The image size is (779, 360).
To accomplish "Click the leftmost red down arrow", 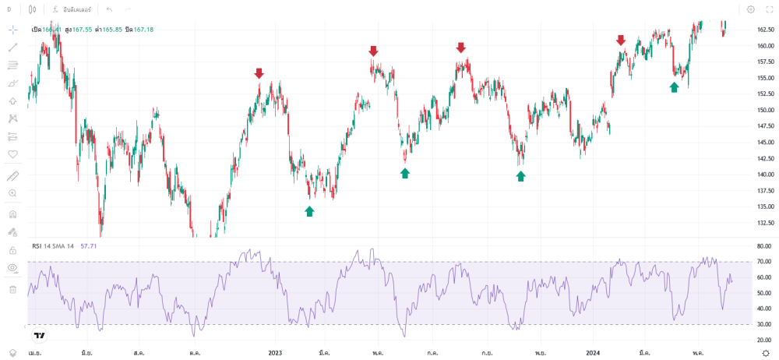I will (259, 73).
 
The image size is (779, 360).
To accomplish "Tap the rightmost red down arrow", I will (621, 40).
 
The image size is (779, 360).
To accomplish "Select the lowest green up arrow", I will (309, 210).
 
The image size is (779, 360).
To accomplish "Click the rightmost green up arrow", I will (674, 87).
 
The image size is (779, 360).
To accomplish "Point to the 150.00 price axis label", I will (764, 110).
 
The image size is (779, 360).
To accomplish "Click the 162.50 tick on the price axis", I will (764, 30).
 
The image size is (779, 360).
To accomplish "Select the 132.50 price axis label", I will (764, 223).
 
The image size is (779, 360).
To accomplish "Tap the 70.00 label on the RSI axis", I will (764, 262).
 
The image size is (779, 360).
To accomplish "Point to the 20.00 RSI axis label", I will (764, 341).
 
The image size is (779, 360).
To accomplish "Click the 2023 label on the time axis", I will (275, 352).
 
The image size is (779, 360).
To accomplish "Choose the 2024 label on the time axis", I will (592, 352).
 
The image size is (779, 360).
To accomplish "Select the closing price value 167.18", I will (143, 30).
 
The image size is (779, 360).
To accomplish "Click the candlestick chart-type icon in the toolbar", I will (31, 9).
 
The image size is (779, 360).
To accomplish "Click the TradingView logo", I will (39, 335).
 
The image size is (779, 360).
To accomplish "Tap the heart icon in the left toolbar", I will (12, 154).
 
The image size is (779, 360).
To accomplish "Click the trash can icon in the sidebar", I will (12, 289).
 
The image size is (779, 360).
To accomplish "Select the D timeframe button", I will (9, 9).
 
